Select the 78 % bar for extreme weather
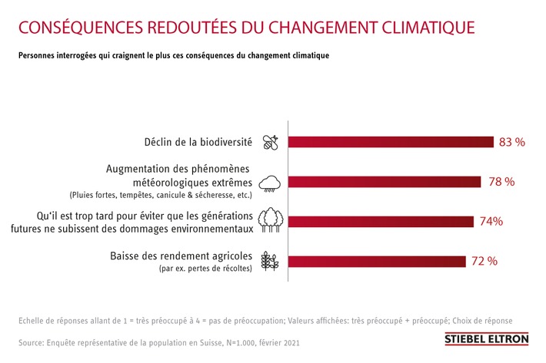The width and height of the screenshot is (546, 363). coord(385,182)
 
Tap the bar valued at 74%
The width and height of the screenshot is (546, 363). coord(381,222)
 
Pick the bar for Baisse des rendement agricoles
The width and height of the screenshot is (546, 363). coord(377,261)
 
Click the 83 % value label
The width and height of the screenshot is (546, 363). coord(512,142)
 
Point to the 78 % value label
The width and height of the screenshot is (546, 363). coord(501,182)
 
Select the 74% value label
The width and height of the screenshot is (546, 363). coord(491,222)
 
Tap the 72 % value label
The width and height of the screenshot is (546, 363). coord(484,261)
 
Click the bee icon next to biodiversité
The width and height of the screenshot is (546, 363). coord(270,141)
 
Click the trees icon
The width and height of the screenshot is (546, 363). coord(270,220)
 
